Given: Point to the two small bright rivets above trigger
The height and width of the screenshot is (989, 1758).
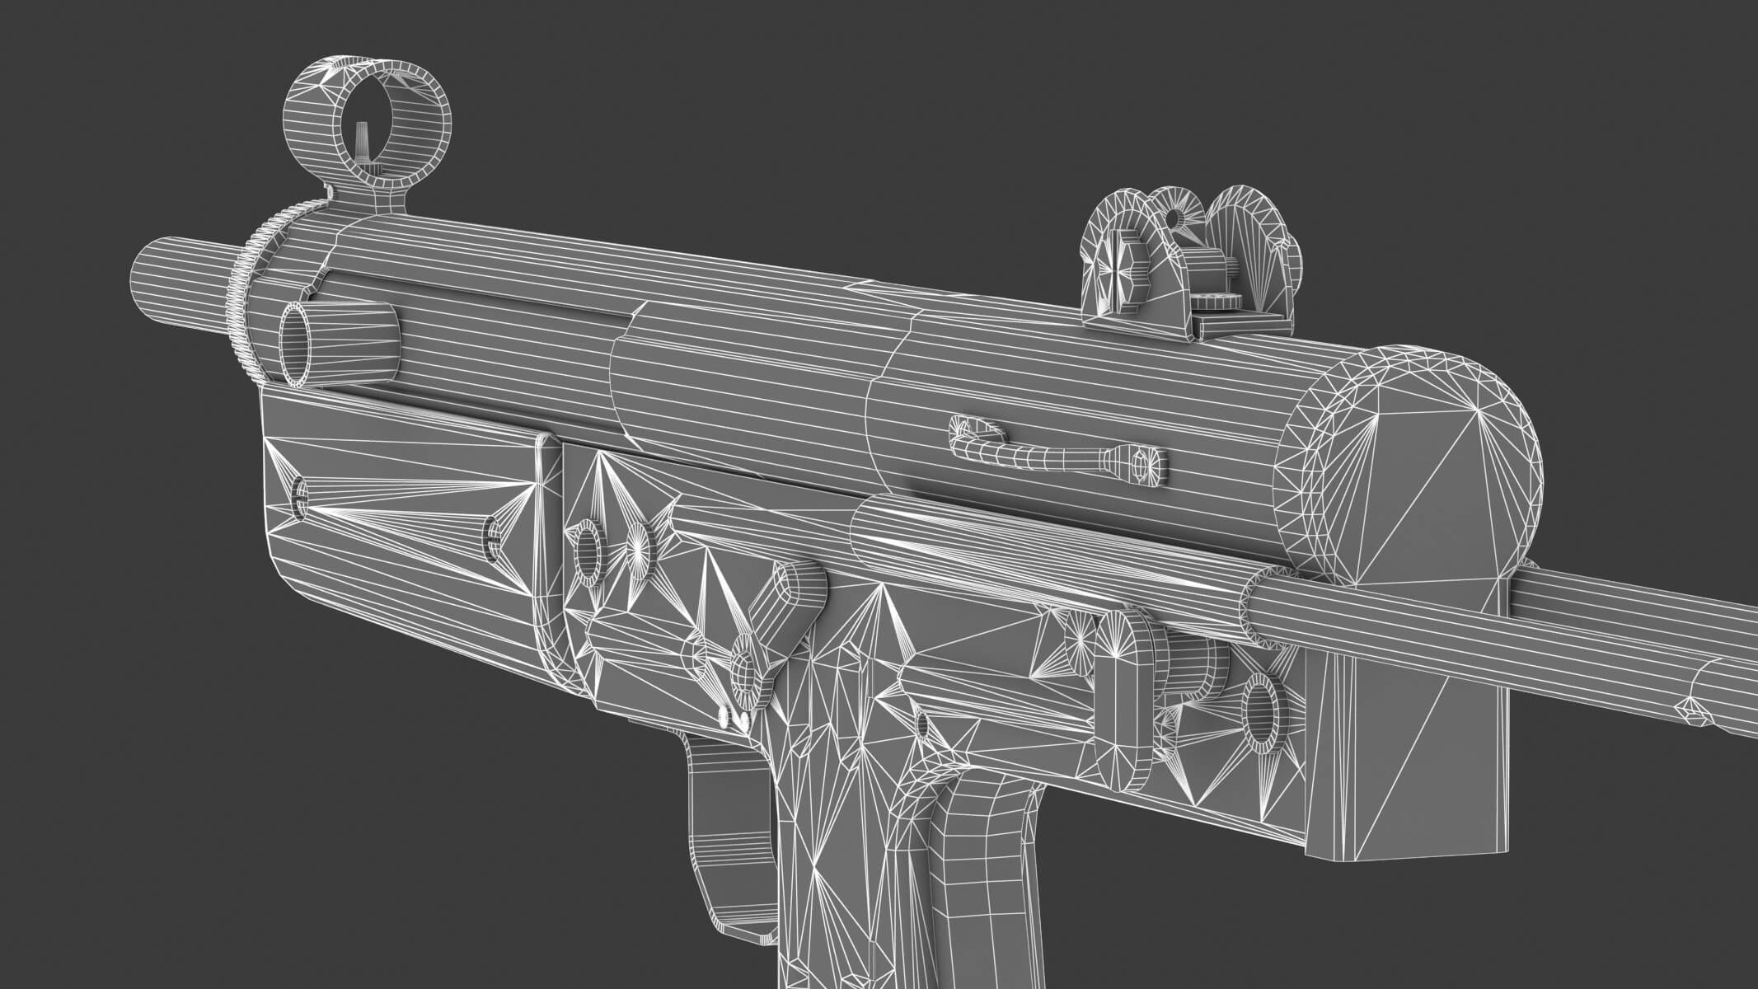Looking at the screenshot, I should (734, 717).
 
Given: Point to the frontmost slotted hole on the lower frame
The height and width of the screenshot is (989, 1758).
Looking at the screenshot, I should (301, 497).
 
